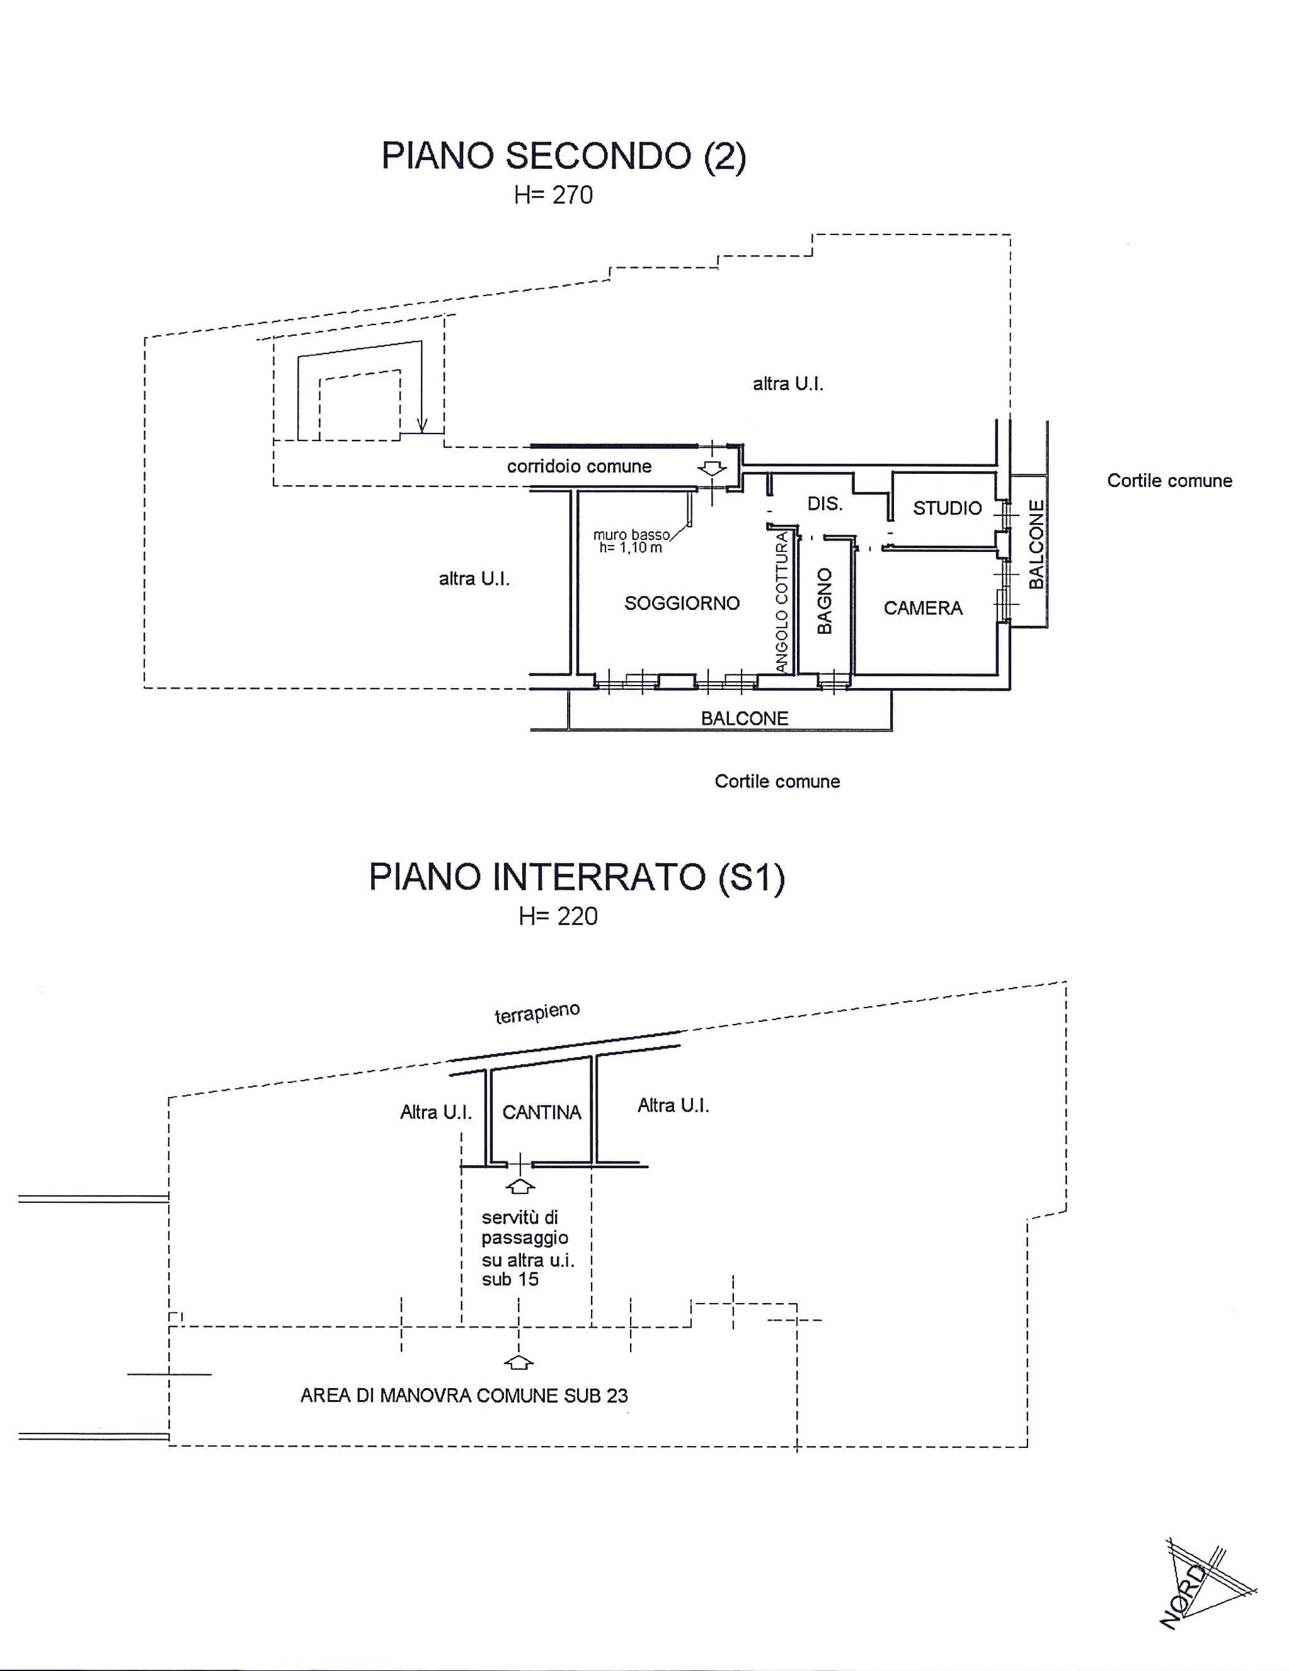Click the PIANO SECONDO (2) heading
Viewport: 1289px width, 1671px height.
[x=564, y=156]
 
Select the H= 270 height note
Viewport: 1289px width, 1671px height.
[x=553, y=195]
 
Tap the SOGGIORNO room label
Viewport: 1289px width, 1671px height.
[x=682, y=603]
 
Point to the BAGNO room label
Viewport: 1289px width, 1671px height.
[x=824, y=600]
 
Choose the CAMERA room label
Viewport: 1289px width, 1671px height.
[x=922, y=608]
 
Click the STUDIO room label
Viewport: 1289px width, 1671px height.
[x=947, y=508]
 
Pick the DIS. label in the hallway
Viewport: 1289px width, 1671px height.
[x=825, y=503]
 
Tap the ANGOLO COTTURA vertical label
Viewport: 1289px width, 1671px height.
[x=781, y=602]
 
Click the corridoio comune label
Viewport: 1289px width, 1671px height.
[x=579, y=466]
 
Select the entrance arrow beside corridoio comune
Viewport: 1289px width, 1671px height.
[x=712, y=468]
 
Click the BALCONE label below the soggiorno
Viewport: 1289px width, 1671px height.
[x=744, y=718]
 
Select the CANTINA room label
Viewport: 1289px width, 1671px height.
[x=542, y=1113]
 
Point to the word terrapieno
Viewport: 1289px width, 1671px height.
[x=537, y=1013]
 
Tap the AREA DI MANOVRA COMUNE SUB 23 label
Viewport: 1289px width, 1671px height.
[x=464, y=1396]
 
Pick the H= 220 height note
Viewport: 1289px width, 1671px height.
[x=558, y=916]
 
